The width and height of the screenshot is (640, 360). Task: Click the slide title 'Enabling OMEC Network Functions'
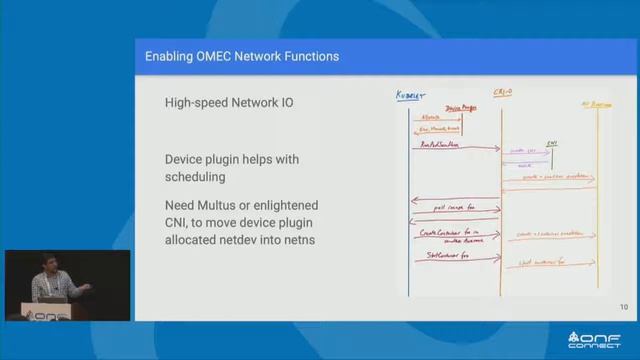pos(242,57)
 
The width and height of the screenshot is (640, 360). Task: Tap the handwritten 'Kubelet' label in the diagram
pos(411,97)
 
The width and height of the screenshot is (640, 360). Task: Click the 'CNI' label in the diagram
pos(551,143)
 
